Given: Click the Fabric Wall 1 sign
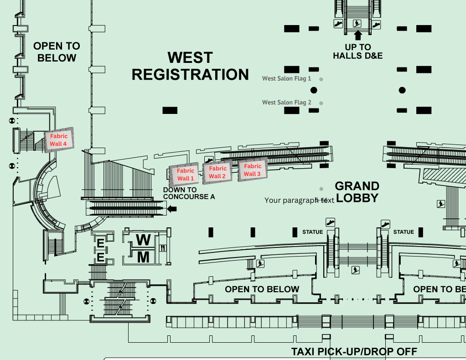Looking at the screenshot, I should point(186,175).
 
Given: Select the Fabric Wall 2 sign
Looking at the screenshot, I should point(217,172).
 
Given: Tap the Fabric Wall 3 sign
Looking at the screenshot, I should point(252,170).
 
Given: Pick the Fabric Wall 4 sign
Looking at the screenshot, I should point(58,140).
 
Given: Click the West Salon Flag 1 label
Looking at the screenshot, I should point(286,78).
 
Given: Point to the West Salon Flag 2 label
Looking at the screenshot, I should point(286,103).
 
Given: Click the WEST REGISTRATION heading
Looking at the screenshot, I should point(190,66).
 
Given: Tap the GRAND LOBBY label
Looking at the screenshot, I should point(357,192).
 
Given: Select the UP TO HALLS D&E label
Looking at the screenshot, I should point(358,51).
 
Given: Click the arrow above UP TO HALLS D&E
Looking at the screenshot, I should point(358,34).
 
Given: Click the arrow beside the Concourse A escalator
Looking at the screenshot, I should point(172,209).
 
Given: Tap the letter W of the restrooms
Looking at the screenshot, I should point(143,240).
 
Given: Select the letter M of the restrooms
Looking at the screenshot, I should point(143,257).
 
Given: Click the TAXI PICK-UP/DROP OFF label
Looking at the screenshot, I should point(354,352).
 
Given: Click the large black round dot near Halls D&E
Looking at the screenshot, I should point(402,90).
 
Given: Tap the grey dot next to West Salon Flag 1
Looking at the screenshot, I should point(321,79).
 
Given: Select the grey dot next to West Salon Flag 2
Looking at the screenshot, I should point(321,103).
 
